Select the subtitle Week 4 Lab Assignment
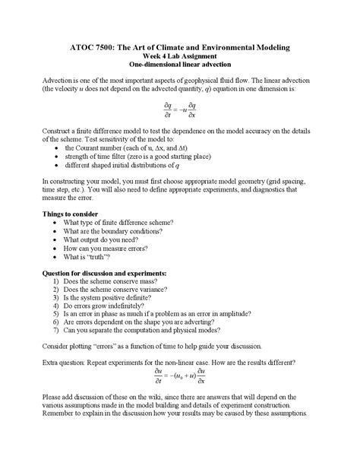[x=180, y=57]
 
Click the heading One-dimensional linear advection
[x=180, y=66]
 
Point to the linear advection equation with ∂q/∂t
[x=180, y=109]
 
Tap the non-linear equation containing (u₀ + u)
[x=180, y=377]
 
